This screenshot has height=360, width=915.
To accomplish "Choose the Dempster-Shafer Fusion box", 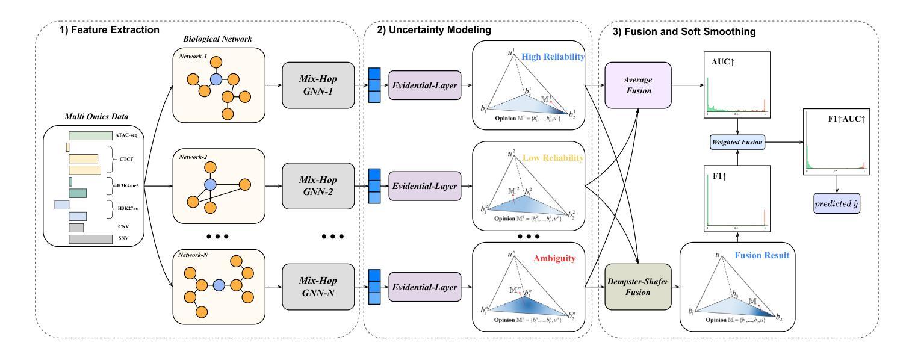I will tap(637, 286).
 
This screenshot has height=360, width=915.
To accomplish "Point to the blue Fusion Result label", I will tap(762, 255).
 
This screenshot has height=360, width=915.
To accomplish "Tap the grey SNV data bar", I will tap(90, 240).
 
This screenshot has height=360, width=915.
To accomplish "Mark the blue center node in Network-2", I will tap(210, 183).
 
